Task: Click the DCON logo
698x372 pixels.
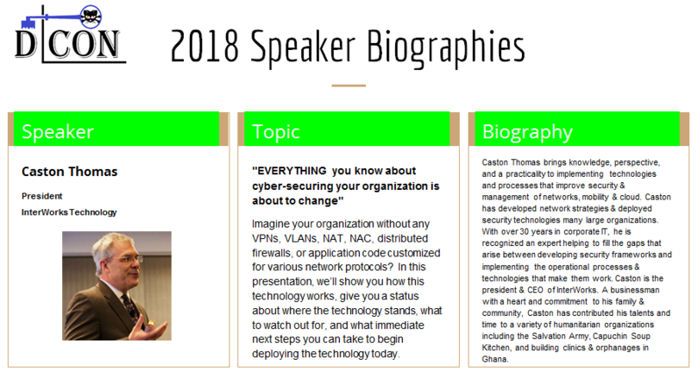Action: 71,34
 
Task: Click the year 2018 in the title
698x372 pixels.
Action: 205,46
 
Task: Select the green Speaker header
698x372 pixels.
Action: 116,129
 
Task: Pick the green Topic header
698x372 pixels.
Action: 347,129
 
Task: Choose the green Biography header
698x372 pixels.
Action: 577,129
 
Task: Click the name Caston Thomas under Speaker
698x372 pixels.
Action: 69,172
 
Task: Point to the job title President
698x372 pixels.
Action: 41,196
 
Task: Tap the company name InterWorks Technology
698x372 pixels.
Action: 69,212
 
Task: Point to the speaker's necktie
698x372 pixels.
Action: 130,307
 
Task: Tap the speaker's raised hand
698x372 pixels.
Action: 154,329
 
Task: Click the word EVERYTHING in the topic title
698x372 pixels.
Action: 290,171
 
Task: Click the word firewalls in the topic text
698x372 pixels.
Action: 273,253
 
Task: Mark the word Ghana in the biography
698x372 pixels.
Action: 495,359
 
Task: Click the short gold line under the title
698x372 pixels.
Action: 349,85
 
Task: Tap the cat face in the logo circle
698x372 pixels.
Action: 91,17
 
